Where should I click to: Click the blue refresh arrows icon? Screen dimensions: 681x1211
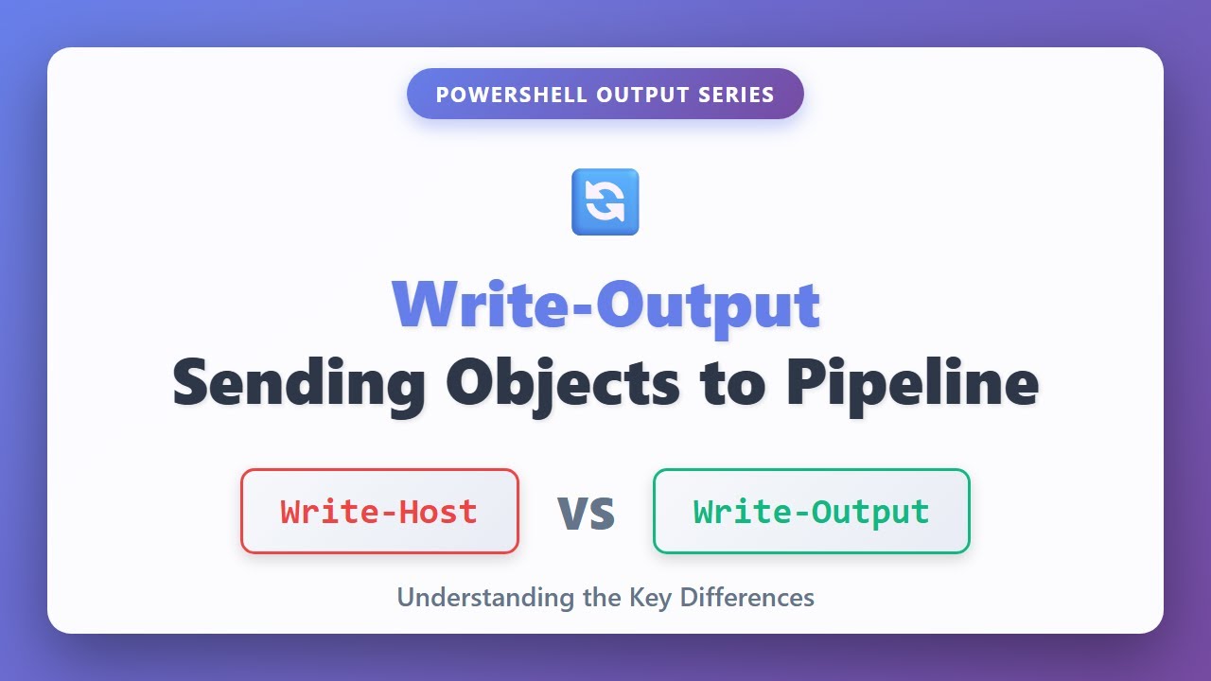click(605, 201)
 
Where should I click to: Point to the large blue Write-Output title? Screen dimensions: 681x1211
click(605, 305)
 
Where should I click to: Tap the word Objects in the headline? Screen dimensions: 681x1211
click(563, 383)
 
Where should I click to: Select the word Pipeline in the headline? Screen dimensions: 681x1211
click(912, 383)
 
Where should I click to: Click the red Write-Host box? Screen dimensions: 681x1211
click(379, 512)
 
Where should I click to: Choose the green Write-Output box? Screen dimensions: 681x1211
click(811, 512)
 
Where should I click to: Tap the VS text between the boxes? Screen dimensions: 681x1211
click(587, 514)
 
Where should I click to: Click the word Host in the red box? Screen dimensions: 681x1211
click(438, 512)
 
